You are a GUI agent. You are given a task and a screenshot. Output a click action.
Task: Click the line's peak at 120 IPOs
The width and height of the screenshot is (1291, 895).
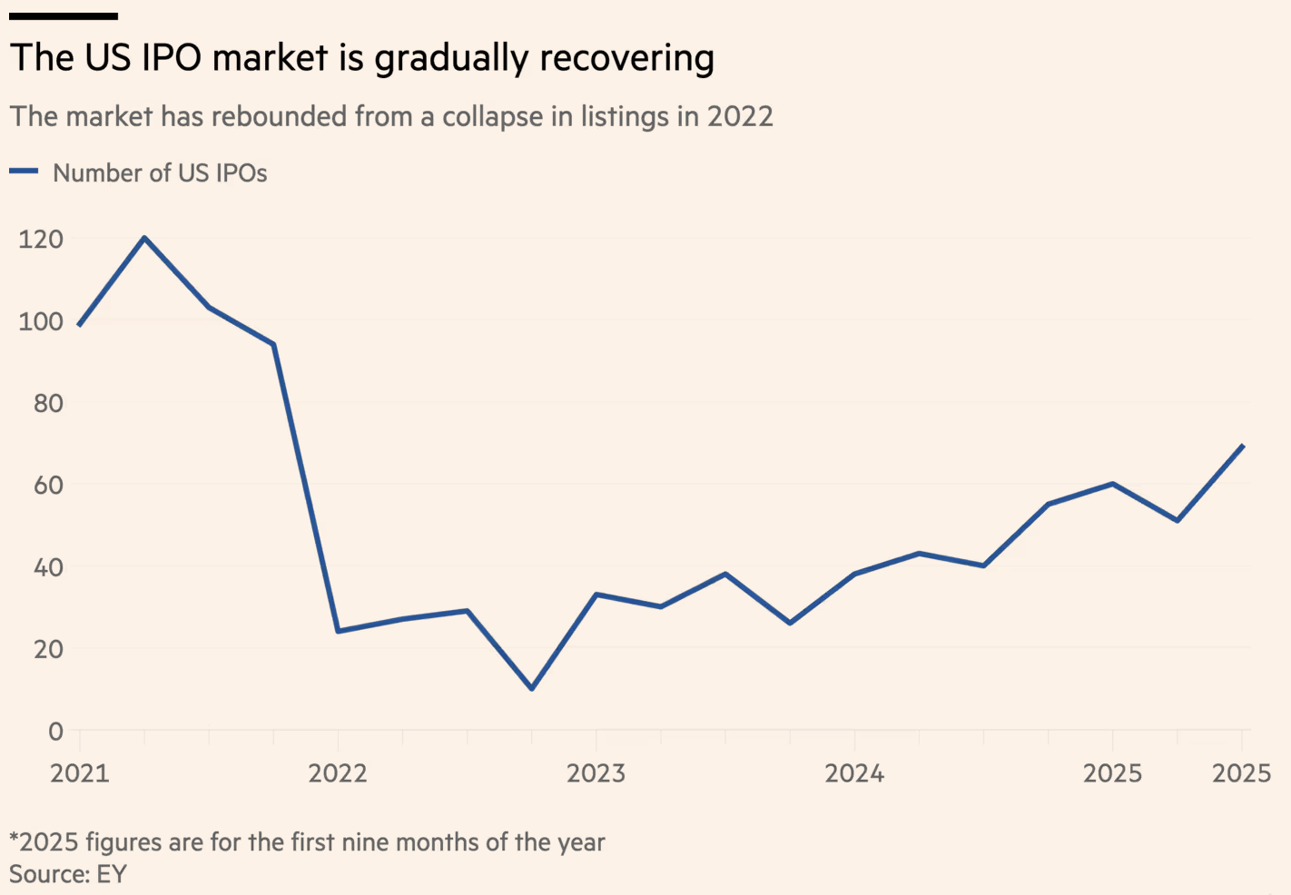[144, 238]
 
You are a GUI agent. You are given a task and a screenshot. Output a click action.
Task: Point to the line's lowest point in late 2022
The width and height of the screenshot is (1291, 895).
[532, 688]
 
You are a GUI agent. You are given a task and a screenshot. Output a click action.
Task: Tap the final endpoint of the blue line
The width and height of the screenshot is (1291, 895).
[1242, 446]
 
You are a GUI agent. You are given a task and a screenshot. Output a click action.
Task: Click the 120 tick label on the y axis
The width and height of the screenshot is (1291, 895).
[41, 239]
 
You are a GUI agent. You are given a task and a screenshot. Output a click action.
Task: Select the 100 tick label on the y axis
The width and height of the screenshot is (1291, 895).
[41, 321]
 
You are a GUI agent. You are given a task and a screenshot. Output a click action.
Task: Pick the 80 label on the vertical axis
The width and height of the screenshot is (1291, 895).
[48, 403]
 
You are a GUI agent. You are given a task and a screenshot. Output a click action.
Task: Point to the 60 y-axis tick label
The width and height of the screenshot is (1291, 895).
[48, 485]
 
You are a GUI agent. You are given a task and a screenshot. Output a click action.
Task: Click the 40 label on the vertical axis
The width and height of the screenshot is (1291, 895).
[48, 567]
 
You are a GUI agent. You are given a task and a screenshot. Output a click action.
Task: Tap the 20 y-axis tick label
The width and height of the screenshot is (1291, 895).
[48, 649]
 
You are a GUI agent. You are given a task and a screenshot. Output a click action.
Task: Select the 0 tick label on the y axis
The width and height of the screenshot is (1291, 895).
[56, 731]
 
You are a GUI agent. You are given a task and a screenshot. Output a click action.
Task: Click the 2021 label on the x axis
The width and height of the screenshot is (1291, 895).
[80, 773]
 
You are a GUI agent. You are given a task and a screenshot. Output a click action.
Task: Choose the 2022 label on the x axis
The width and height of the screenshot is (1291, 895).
[338, 773]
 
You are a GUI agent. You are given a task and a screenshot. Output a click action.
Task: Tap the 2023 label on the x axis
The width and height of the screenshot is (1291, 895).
[596, 773]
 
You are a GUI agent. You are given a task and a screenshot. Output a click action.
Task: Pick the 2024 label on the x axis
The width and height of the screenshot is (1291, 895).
[854, 773]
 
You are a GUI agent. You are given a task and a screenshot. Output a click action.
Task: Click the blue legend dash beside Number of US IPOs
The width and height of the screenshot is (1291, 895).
[24, 172]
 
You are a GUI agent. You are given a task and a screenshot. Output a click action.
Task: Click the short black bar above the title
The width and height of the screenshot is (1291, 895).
[64, 15]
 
